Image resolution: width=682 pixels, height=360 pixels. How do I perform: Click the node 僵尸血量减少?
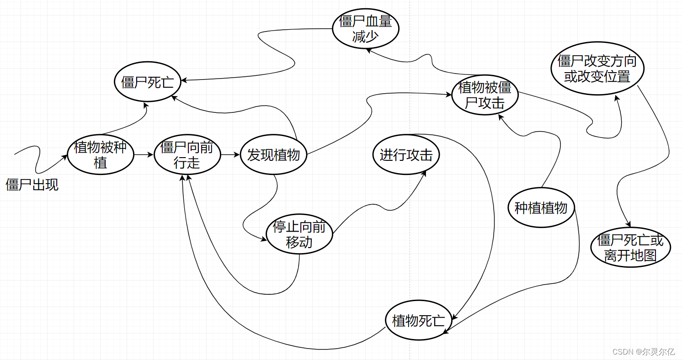click(x=365, y=29)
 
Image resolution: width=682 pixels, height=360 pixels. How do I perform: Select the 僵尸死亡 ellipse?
click(x=147, y=83)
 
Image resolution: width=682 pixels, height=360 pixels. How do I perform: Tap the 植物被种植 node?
click(x=101, y=155)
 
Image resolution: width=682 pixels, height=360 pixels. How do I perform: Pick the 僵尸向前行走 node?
click(x=187, y=155)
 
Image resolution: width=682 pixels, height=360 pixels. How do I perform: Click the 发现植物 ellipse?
click(x=273, y=155)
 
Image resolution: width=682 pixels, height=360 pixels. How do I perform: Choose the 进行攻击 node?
click(x=406, y=155)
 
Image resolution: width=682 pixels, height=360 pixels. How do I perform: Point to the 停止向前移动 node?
click(x=299, y=235)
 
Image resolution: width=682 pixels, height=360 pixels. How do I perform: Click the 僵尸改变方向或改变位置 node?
click(x=597, y=69)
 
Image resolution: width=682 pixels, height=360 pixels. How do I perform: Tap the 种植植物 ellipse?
click(x=541, y=208)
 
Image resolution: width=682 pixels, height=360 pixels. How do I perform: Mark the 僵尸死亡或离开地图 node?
click(x=630, y=248)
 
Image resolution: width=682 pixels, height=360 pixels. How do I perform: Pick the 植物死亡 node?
click(x=418, y=321)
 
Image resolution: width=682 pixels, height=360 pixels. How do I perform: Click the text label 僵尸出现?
click(x=32, y=185)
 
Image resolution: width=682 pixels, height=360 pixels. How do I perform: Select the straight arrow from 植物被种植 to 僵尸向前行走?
click(x=144, y=155)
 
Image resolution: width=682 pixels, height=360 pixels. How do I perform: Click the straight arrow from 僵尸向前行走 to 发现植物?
click(x=230, y=155)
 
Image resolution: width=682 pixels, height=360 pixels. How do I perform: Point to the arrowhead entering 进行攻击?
click(x=424, y=173)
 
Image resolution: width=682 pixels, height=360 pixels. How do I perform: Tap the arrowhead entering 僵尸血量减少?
click(x=371, y=51)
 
